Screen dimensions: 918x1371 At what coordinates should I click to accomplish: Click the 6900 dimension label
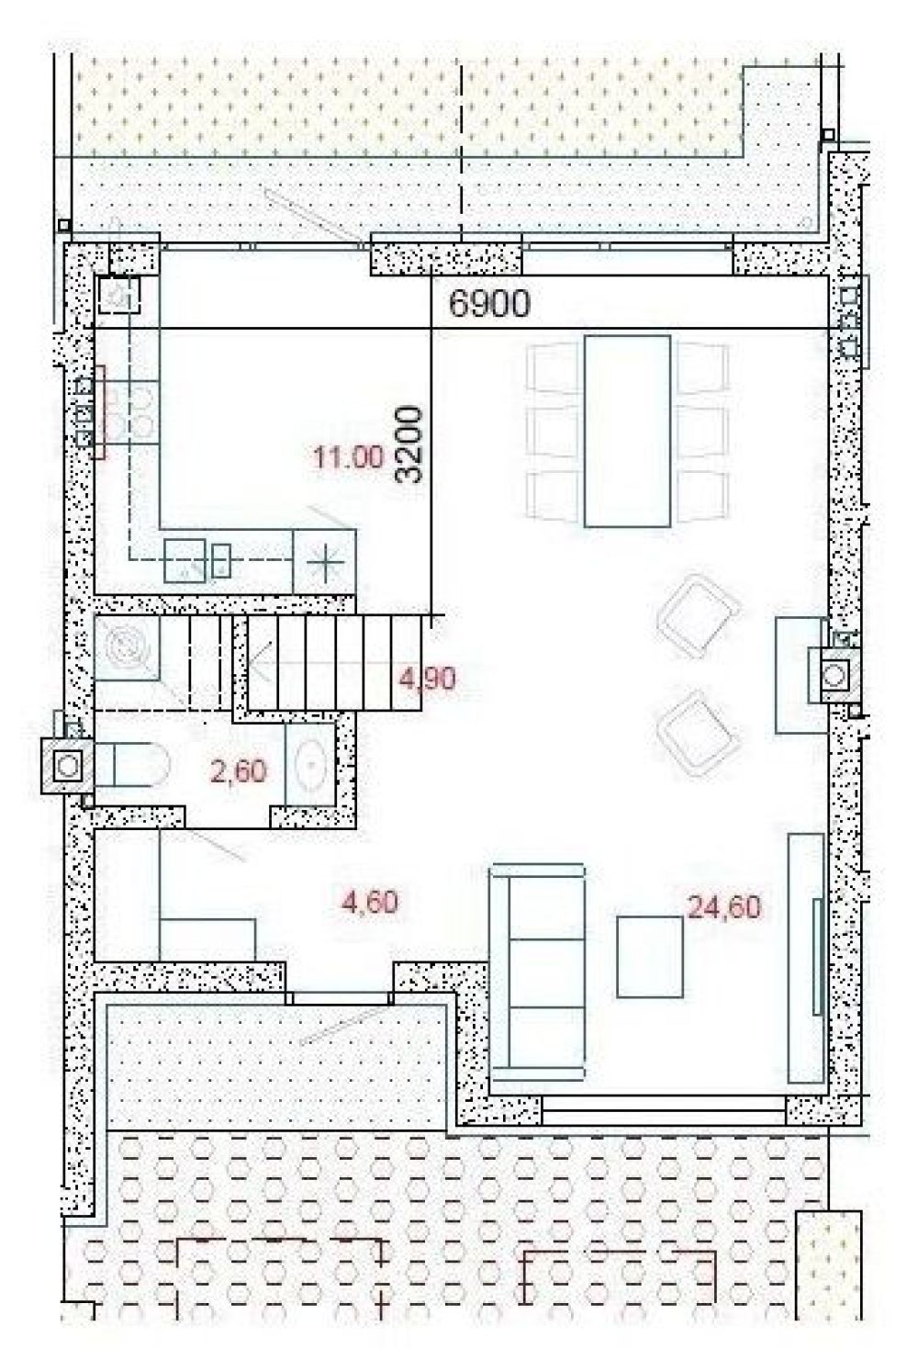click(x=489, y=303)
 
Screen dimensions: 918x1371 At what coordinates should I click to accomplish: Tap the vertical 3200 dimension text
click(x=409, y=445)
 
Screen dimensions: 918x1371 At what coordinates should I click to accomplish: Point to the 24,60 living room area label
click(x=724, y=906)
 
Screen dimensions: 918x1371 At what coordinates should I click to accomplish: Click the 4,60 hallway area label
click(x=371, y=902)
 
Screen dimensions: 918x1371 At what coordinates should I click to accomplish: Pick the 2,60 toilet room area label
click(x=239, y=770)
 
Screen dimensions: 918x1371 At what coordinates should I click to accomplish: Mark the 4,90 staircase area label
click(x=427, y=679)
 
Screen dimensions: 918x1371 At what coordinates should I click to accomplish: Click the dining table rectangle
click(x=627, y=431)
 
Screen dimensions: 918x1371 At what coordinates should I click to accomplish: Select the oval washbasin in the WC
click(x=311, y=765)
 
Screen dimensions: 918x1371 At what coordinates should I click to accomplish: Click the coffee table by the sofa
click(x=649, y=957)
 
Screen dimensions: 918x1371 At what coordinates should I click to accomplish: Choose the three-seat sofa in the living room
click(x=537, y=972)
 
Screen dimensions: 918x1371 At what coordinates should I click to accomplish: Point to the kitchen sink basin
click(x=185, y=561)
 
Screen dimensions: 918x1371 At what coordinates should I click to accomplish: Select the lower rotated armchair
click(x=699, y=734)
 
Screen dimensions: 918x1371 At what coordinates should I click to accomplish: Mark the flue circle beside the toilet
click(x=68, y=765)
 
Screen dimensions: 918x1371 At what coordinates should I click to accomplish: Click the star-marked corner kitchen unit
click(x=324, y=561)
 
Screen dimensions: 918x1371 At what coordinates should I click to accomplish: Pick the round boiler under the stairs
click(x=126, y=646)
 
